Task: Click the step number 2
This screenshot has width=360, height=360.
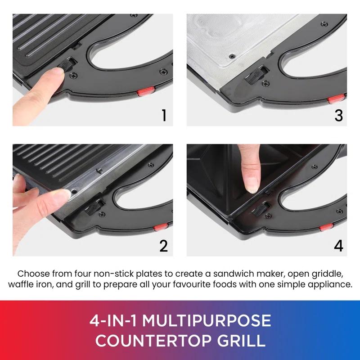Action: pyautogui.click(x=163, y=246)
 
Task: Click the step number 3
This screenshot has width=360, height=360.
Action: pyautogui.click(x=338, y=115)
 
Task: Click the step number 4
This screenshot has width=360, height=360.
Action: pyautogui.click(x=338, y=246)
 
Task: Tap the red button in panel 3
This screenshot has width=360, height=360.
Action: pyautogui.click(x=335, y=99)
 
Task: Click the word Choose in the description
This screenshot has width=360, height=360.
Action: pyautogui.click(x=32, y=273)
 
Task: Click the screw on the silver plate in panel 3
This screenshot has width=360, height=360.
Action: pyautogui.click(x=232, y=55)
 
